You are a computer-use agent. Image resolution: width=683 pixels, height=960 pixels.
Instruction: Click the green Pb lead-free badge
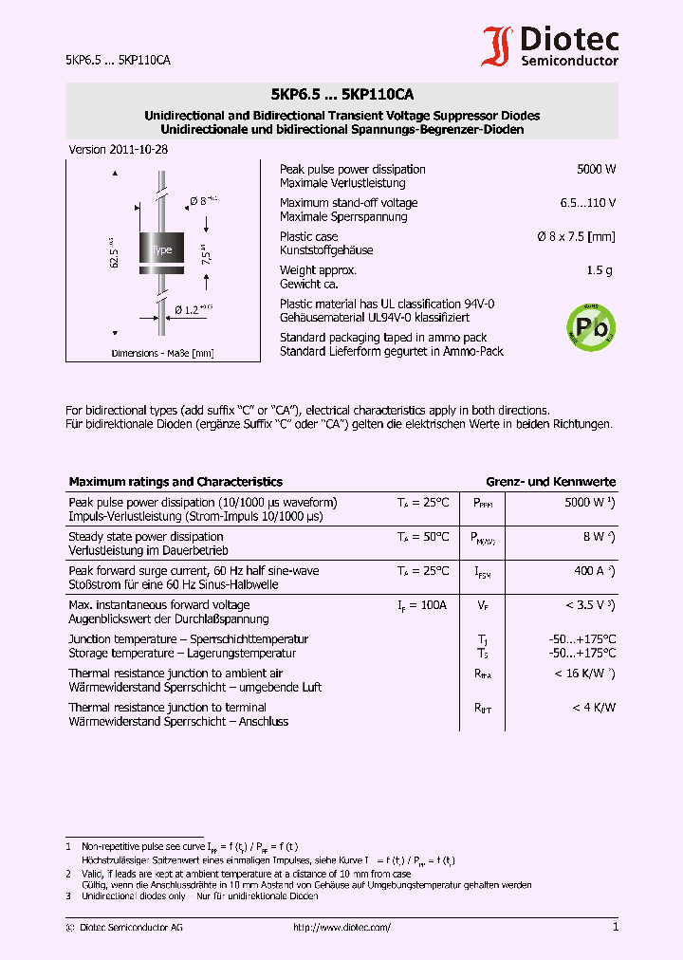click(590, 328)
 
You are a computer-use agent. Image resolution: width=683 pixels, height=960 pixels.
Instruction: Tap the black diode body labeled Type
click(161, 249)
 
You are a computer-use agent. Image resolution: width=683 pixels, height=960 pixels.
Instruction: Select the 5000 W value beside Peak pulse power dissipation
click(596, 170)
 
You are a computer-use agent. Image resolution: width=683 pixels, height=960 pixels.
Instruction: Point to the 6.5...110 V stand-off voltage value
click(587, 203)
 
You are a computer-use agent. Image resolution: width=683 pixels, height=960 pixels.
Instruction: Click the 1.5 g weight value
click(599, 270)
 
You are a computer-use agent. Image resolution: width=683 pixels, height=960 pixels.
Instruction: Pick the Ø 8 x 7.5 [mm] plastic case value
click(576, 236)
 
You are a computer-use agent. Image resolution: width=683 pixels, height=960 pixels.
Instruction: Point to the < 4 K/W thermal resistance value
click(594, 707)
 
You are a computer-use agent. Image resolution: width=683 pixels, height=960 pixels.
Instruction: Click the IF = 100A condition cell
click(422, 604)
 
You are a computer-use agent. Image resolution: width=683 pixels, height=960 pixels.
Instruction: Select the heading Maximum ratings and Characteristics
click(175, 482)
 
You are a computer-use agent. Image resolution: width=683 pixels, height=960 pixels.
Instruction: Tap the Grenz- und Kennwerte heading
click(550, 482)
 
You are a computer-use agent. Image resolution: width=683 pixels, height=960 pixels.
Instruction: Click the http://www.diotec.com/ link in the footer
click(342, 928)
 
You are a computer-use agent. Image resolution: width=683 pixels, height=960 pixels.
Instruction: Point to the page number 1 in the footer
click(615, 927)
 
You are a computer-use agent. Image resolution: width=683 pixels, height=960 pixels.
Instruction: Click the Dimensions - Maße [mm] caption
click(162, 353)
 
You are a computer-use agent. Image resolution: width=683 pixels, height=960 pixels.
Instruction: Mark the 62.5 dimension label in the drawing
click(114, 254)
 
